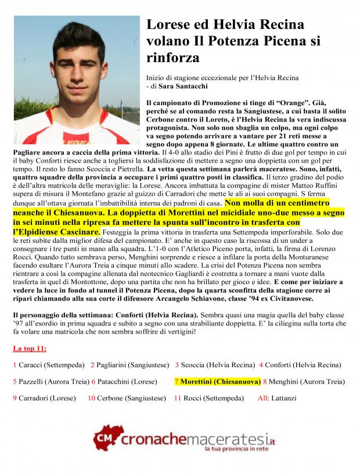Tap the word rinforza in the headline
[x=173, y=58]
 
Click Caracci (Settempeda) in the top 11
[x=51, y=365]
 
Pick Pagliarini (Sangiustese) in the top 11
[x=133, y=365]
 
